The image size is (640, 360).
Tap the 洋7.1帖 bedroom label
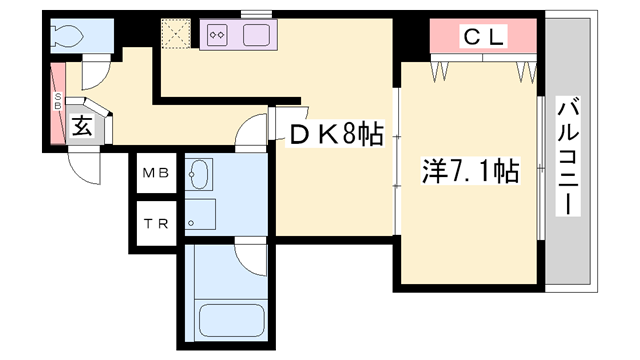pos(470,171)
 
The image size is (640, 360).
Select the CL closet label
pos(484,38)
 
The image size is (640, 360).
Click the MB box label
pos(155,172)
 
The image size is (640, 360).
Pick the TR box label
pos(155,223)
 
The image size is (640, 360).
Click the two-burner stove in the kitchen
pos(218,37)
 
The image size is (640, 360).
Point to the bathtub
pos(231,322)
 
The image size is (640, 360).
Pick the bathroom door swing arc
pos(251,254)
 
